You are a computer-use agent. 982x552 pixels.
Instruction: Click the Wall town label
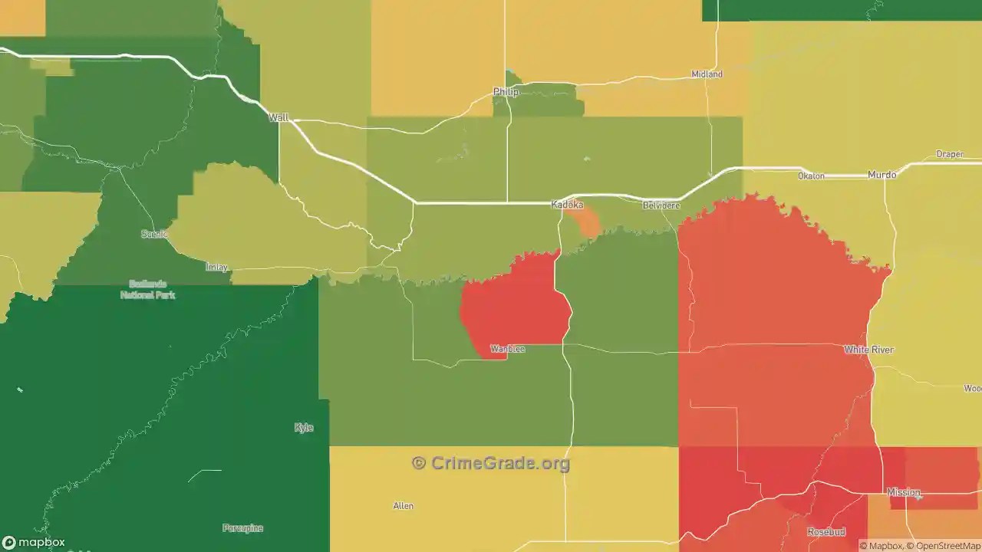(278, 117)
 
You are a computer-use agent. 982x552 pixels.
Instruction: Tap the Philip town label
(506, 92)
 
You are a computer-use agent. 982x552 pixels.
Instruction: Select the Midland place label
(707, 74)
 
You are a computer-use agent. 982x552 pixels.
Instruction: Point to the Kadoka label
(568, 205)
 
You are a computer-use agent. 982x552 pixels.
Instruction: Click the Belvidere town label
(661, 205)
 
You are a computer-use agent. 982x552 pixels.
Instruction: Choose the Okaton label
(811, 176)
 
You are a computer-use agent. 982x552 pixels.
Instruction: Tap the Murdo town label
(881, 175)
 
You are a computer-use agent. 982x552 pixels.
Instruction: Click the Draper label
(950, 154)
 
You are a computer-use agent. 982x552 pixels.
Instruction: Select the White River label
(868, 350)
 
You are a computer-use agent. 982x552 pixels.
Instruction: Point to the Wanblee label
(508, 349)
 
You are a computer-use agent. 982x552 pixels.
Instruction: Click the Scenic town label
(154, 234)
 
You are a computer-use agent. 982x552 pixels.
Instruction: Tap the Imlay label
(217, 267)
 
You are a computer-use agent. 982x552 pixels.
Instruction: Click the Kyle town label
(304, 427)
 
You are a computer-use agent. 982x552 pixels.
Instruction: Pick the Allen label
(403, 505)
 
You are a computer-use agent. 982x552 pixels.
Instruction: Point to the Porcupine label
(242, 527)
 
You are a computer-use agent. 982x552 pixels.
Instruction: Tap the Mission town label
(903, 492)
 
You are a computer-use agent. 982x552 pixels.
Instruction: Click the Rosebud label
(826, 531)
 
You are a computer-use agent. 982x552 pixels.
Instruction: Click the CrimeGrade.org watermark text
(491, 463)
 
